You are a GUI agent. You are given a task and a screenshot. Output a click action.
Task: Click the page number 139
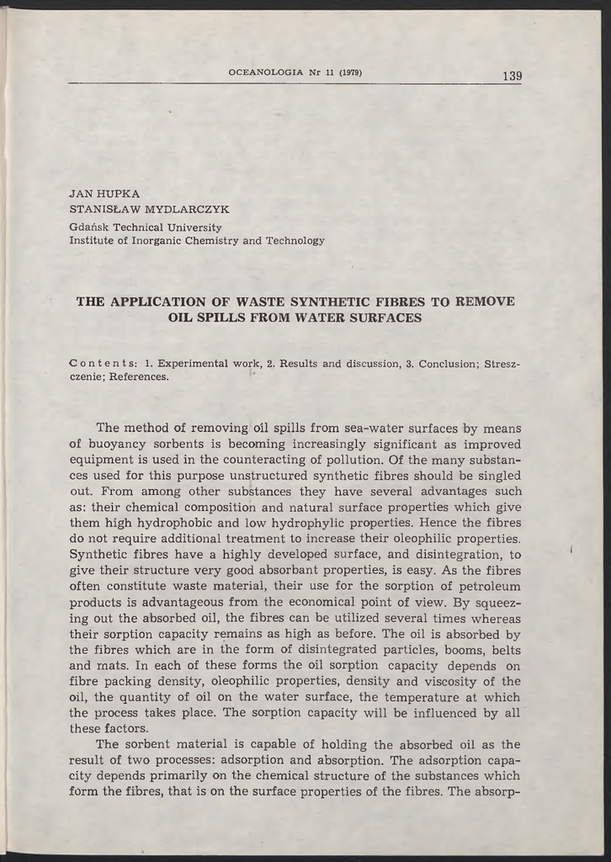512,76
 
